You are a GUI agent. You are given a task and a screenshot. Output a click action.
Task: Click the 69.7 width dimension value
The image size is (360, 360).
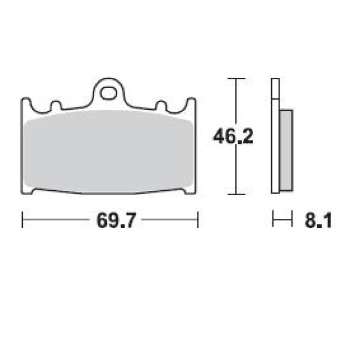tap(116, 220)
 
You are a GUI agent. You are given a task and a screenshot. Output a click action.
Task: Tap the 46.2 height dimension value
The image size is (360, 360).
tap(233, 136)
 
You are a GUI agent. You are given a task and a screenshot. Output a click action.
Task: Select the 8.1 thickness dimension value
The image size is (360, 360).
tap(319, 220)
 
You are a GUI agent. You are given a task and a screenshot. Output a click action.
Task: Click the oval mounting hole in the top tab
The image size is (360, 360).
tap(108, 93)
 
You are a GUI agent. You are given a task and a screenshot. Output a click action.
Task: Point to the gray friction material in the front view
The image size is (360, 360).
tap(109, 152)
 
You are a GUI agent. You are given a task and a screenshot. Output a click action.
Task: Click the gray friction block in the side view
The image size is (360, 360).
tap(286, 151)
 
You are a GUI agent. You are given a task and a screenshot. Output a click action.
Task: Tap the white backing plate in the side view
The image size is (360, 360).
tap(275, 136)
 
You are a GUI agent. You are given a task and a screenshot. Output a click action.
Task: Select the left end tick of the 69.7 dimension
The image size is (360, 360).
tap(22, 220)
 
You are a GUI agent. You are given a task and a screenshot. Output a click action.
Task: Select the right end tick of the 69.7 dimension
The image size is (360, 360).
tap(197, 220)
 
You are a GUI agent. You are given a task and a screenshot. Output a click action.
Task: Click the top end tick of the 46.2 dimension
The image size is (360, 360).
tap(236, 79)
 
